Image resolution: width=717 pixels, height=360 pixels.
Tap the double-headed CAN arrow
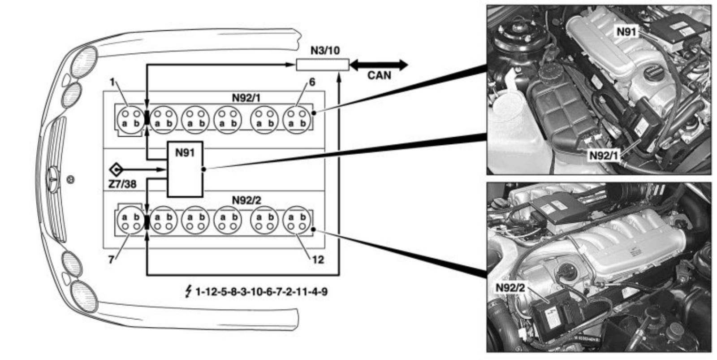coord(379,65)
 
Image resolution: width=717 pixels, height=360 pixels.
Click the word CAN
coord(379,75)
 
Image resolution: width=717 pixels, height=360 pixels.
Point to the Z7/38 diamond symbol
coord(116,169)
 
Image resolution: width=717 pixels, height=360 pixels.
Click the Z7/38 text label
coord(122,184)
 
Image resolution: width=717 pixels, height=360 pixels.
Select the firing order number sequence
coord(261,292)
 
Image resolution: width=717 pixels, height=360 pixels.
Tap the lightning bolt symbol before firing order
coord(188,292)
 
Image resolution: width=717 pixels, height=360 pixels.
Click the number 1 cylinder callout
coord(112,82)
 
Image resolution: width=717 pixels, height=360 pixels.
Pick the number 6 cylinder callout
coord(312,82)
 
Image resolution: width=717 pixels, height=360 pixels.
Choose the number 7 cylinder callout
coord(111,260)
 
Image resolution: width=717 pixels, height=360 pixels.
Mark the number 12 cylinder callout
coord(317,260)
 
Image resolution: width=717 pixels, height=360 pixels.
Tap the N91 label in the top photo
coord(626,32)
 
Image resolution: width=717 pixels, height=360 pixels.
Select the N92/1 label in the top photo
coord(603,156)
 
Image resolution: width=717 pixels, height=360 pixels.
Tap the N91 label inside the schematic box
coord(185,153)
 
